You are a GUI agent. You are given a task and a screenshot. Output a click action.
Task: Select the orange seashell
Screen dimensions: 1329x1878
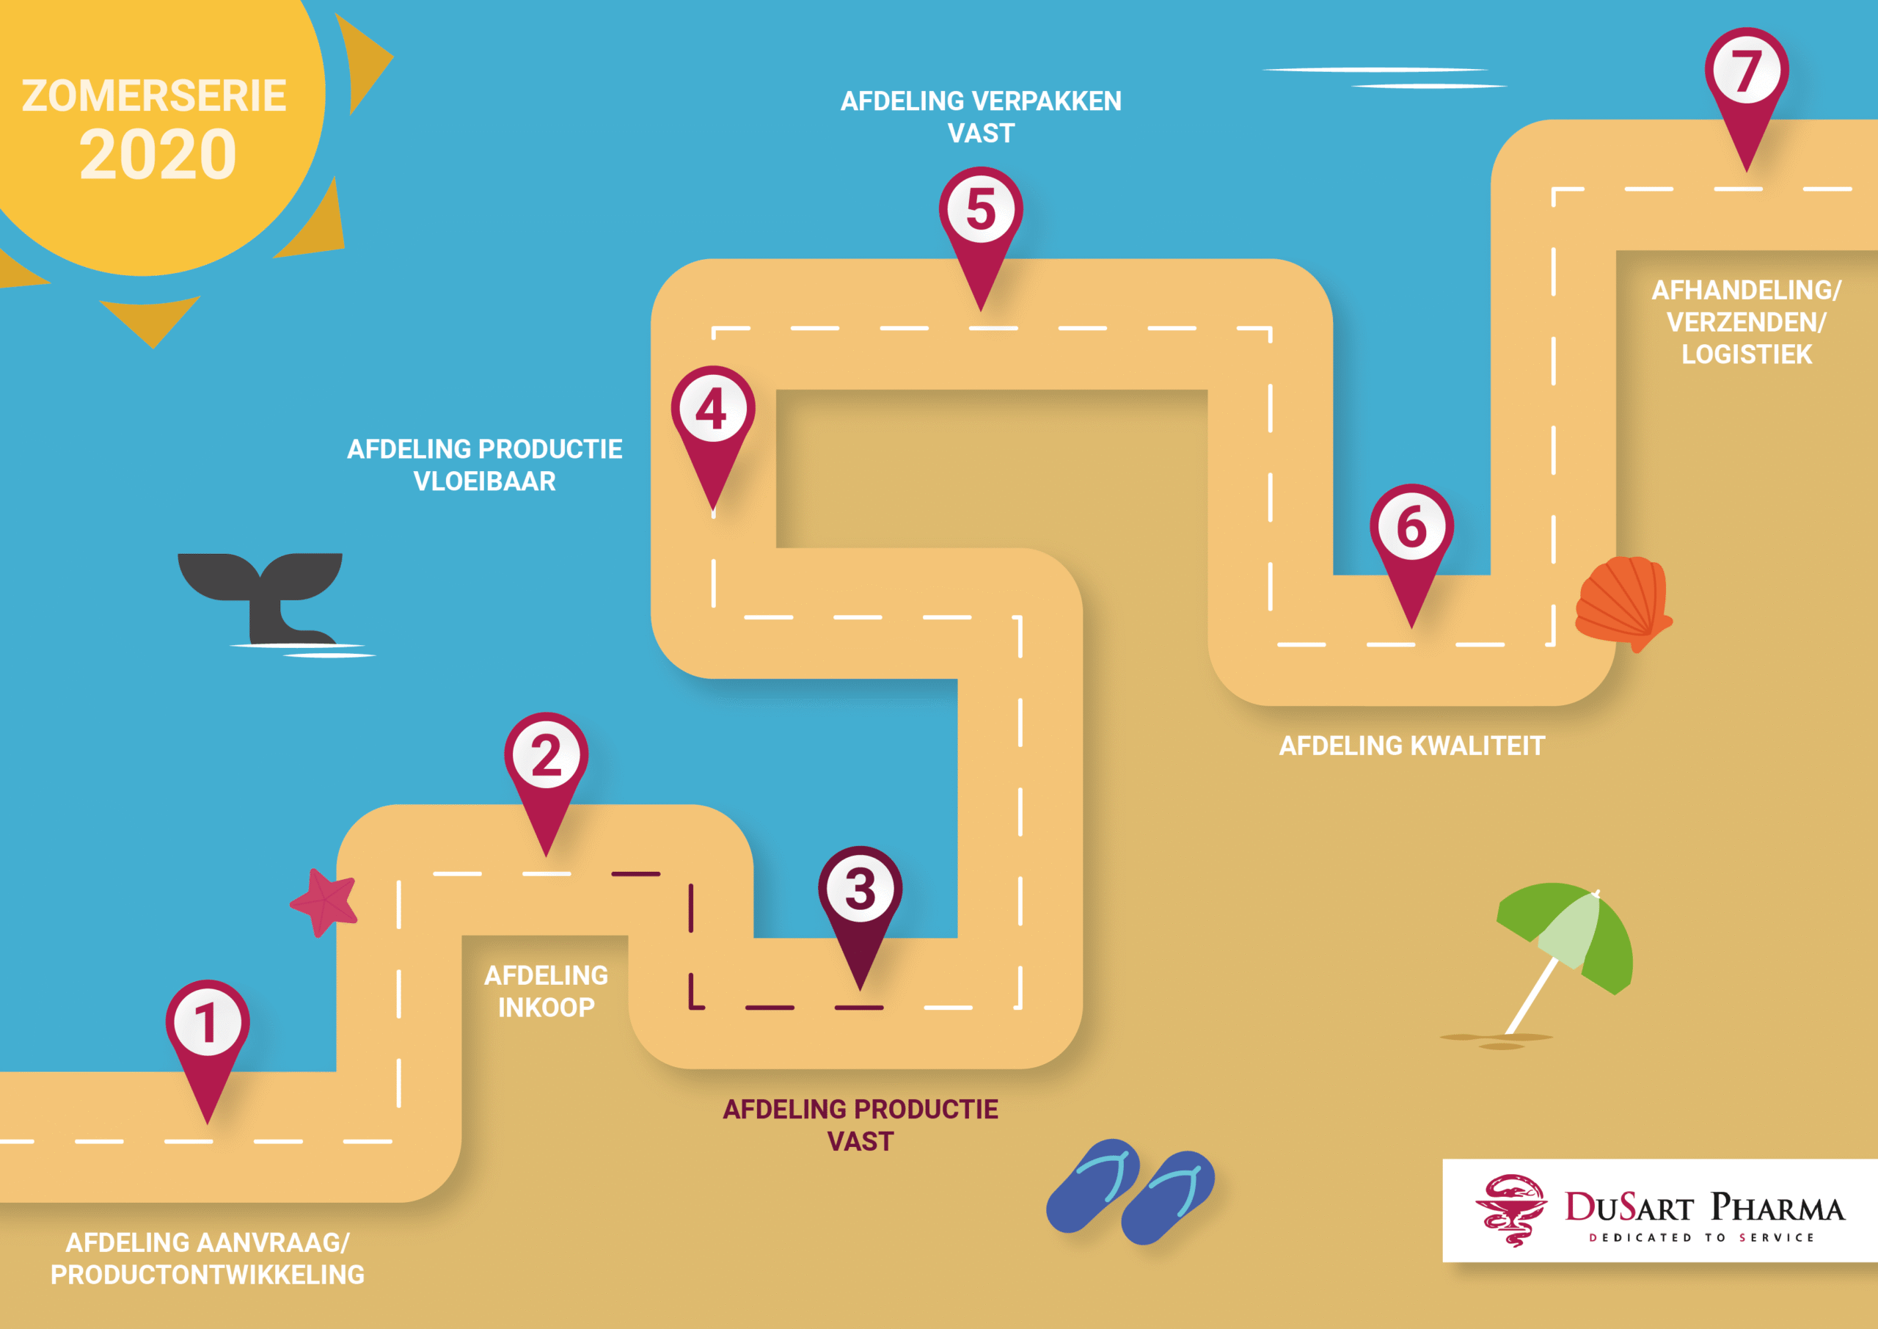pos(1622,600)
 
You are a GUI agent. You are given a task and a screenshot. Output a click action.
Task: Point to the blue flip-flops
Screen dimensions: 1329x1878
pos(1130,1191)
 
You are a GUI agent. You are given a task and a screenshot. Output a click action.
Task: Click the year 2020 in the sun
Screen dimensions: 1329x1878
pos(158,156)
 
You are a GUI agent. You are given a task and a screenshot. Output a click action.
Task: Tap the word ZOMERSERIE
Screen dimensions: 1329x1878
pos(154,95)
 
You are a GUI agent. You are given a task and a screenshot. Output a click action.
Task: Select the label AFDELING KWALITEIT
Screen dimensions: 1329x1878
pos(1411,746)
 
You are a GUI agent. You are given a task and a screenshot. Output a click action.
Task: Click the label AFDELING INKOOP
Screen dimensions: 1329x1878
pos(546,991)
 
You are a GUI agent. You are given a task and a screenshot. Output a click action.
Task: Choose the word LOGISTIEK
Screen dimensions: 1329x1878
pos(1746,354)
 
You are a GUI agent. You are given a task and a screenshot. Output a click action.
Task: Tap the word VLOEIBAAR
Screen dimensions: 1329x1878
pos(484,481)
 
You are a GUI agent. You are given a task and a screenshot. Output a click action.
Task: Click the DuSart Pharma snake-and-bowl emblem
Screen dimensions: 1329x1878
pos(1511,1209)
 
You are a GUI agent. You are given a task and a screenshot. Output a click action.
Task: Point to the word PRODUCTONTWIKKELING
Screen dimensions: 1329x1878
pos(207,1275)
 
